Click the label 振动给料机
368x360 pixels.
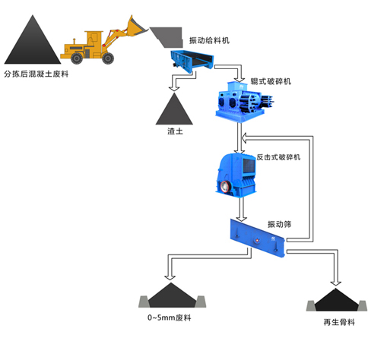[x=209, y=40]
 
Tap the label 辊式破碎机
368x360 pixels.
[x=271, y=81]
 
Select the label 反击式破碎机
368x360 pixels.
[x=278, y=157]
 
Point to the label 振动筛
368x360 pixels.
[x=280, y=224]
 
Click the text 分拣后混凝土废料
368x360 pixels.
[x=36, y=74]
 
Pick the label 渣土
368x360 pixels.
[x=175, y=131]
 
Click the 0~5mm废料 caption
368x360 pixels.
[x=170, y=317]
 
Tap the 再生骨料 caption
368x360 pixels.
[x=339, y=322]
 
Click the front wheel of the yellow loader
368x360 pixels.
[x=108, y=58]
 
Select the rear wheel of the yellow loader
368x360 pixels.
[x=77, y=58]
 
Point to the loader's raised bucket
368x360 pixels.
[x=136, y=26]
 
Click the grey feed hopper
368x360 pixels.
[x=167, y=37]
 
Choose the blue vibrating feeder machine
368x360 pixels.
[x=192, y=61]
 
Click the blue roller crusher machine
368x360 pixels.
[x=244, y=102]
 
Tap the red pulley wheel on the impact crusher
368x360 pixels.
[x=225, y=187]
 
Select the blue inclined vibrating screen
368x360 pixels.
[x=257, y=238]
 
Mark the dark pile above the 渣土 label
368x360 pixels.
[x=174, y=109]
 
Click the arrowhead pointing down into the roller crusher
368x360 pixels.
[x=239, y=78]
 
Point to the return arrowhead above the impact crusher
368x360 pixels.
[x=244, y=138]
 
